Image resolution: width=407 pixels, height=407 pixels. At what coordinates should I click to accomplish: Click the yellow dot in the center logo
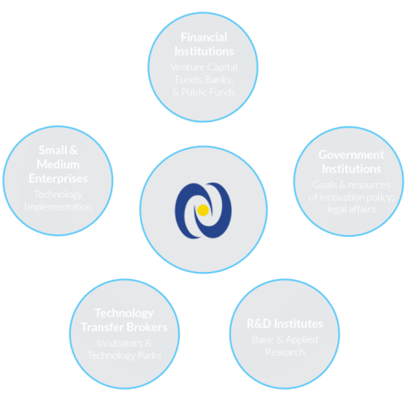203,210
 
